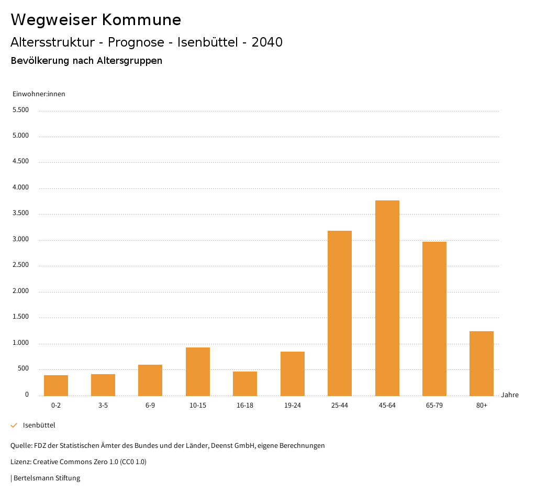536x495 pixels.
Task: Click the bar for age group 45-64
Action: (387, 298)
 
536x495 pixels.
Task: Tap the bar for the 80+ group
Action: (482, 363)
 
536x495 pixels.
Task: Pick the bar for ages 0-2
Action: (56, 385)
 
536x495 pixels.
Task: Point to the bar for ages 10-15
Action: (198, 372)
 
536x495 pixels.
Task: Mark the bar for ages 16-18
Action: (245, 384)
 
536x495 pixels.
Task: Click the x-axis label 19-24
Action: (292, 406)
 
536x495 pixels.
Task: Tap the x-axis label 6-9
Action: (150, 406)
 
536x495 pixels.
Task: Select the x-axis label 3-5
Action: (103, 406)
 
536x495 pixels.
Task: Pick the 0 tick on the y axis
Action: (27, 395)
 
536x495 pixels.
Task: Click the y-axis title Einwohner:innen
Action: (39, 94)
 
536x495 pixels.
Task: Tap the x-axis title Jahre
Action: (510, 395)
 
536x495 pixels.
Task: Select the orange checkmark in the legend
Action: (14, 425)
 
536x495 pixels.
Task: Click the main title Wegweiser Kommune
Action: (96, 20)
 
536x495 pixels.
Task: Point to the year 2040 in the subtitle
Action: (267, 42)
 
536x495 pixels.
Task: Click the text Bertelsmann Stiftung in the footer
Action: (47, 478)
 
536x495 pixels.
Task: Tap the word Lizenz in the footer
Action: (20, 462)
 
